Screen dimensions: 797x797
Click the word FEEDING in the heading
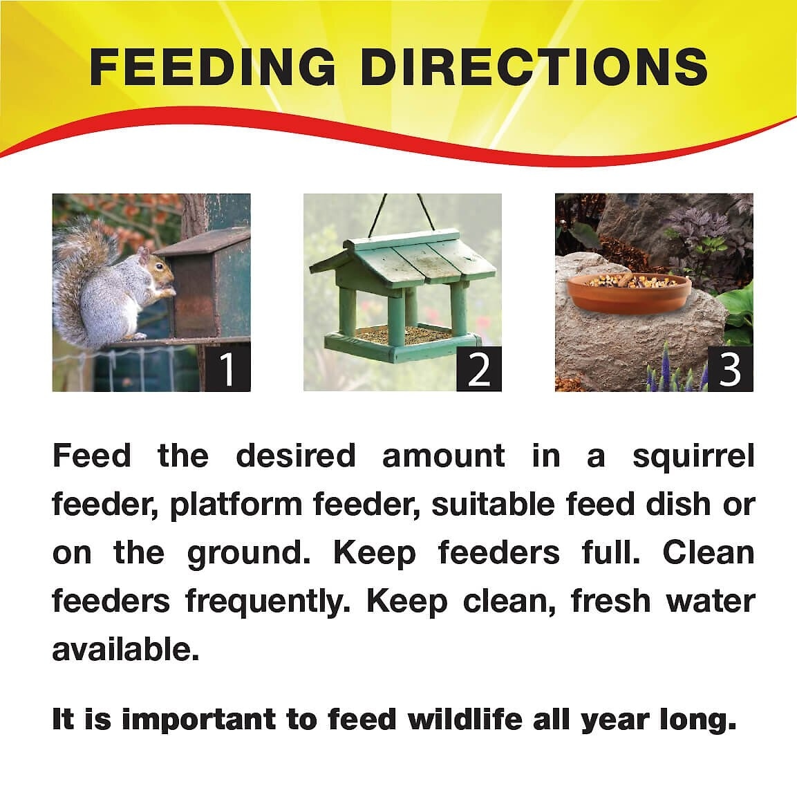pyautogui.click(x=212, y=67)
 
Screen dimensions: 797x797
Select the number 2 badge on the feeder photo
pyautogui.click(x=479, y=368)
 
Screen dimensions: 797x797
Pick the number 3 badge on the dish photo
pyautogui.click(x=731, y=368)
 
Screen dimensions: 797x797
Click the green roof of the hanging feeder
pyautogui.click(x=402, y=256)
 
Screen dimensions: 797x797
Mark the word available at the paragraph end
pyautogui.click(x=126, y=649)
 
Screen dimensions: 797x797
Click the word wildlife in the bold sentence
pyautogui.click(x=465, y=719)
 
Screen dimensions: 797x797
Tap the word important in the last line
pyautogui.click(x=199, y=720)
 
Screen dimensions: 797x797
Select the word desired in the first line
pyautogui.click(x=295, y=456)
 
